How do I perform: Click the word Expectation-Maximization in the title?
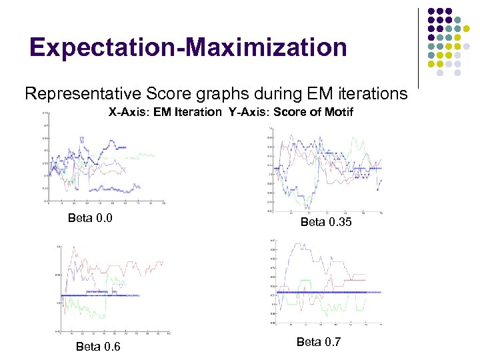coord(188,47)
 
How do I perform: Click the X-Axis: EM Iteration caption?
coord(165,112)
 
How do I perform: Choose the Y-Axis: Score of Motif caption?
coord(291,112)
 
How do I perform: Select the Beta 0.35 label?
coord(326,222)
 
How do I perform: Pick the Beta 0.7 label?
coord(318,342)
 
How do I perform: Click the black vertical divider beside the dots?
coord(418,47)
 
